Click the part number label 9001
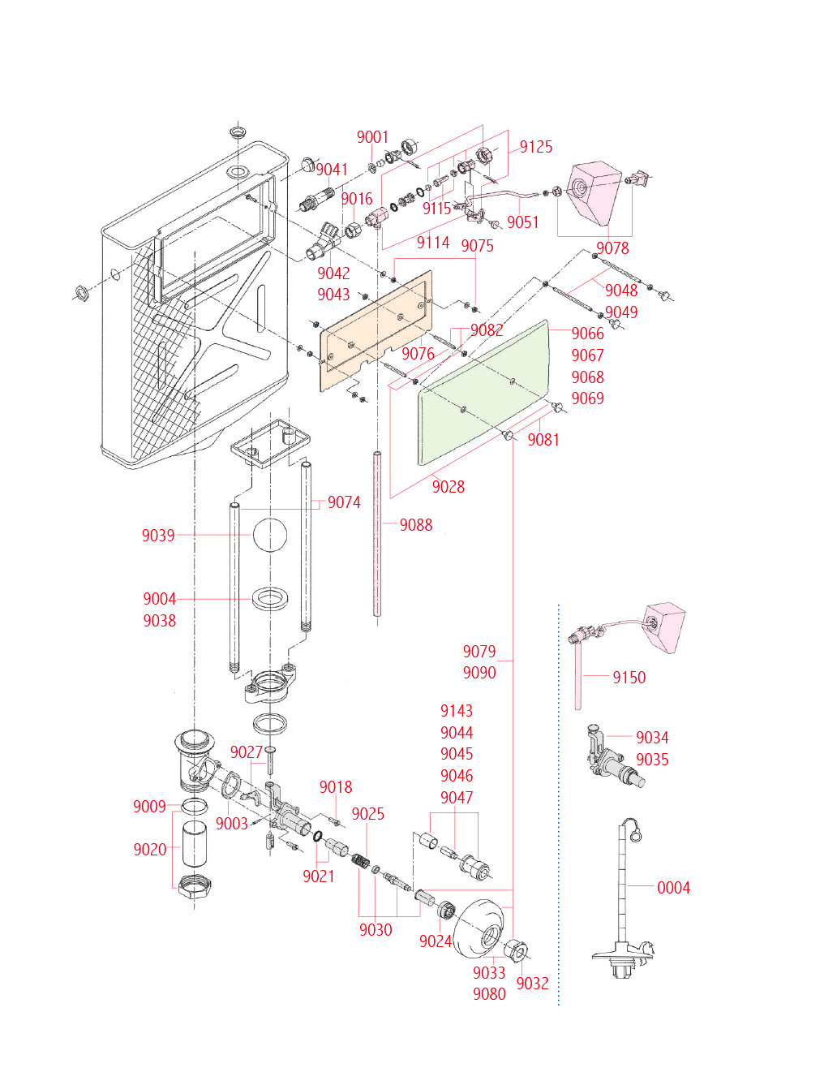tap(372, 137)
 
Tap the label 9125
tap(536, 147)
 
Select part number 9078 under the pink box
tap(612, 248)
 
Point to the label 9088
tap(416, 525)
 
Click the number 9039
tap(158, 536)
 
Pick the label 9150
tap(629, 678)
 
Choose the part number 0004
tap(673, 888)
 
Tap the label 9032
tap(532, 984)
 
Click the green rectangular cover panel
tap(485, 391)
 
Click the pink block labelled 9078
tap(598, 192)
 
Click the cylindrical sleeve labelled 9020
tap(194, 846)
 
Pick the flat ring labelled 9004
tap(271, 600)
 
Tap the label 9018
tap(336, 787)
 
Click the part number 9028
tap(449, 487)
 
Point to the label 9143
tap(457, 711)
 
